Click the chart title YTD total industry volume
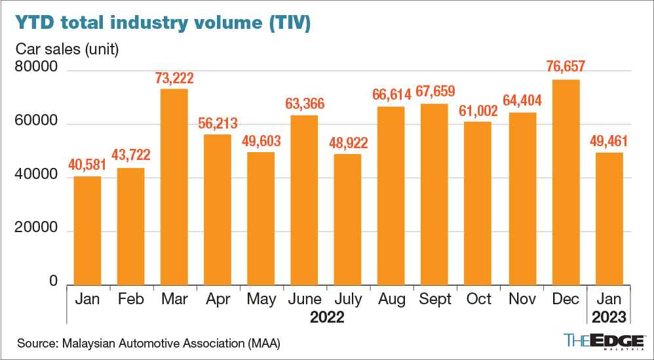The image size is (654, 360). coord(163,24)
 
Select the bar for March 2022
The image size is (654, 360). coord(174,186)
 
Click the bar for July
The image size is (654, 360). coord(348,219)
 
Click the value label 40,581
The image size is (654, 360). coord(87,165)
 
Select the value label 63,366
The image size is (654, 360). coord(305,104)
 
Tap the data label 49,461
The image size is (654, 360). coord(609,140)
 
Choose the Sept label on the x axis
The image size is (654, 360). coord(435,299)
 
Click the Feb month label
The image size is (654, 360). coord(130,299)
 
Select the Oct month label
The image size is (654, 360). coord(479,299)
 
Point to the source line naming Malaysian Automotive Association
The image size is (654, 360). coord(149,343)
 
